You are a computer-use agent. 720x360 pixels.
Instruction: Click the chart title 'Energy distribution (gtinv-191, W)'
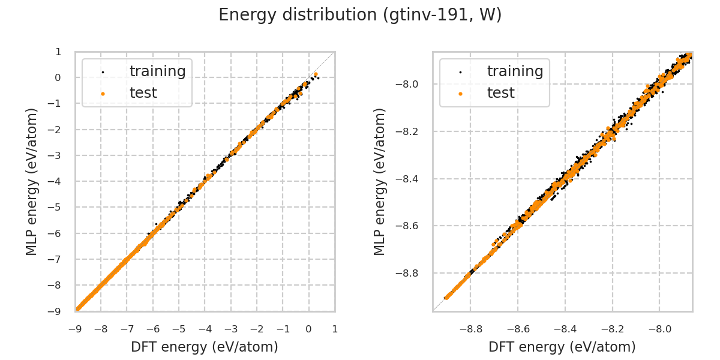360,15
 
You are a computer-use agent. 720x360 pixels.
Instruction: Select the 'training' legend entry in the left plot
157,71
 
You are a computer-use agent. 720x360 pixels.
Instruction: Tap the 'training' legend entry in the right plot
515,71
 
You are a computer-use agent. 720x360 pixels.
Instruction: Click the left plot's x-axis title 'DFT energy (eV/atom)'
205,347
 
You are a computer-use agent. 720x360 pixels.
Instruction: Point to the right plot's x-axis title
562,347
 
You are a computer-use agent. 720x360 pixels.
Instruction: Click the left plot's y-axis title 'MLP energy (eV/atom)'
32,181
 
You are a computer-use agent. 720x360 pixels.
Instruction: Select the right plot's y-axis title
380,181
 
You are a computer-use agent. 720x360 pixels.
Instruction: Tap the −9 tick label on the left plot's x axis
75,329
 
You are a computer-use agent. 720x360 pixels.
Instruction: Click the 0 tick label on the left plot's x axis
308,329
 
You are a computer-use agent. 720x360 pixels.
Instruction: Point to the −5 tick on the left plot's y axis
58,207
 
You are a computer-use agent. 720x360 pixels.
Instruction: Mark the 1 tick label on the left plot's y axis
58,52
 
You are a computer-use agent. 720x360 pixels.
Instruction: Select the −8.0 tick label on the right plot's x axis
659,329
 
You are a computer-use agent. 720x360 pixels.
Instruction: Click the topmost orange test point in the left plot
316,74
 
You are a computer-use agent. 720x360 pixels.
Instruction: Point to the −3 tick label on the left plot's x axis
230,329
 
